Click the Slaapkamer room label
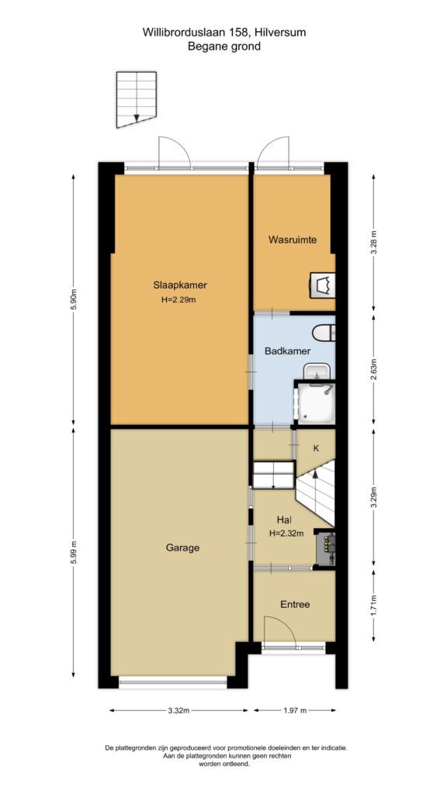click(180, 285)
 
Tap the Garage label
click(182, 547)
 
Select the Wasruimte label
click(293, 240)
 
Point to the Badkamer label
click(288, 350)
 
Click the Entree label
click(295, 604)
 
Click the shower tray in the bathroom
click(315, 403)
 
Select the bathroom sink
click(317, 371)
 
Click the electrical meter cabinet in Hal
click(325, 548)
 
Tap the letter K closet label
click(316, 447)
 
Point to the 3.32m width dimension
click(179, 710)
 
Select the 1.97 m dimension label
click(294, 710)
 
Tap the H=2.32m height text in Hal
click(287, 532)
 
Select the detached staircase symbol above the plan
click(137, 99)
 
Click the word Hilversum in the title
click(281, 33)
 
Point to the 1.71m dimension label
click(374, 604)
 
